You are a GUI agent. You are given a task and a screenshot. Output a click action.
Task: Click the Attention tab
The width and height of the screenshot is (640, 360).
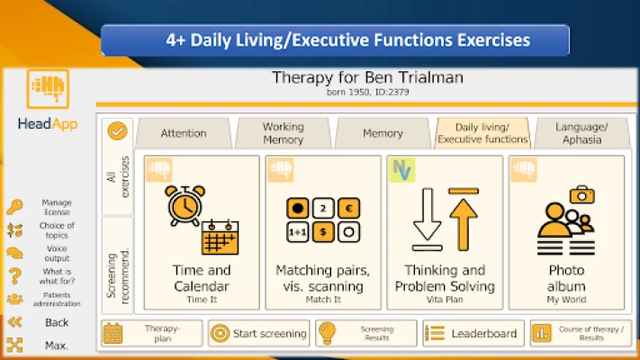(x=184, y=133)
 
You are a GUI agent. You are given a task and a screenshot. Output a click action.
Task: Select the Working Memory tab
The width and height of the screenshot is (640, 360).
(x=284, y=133)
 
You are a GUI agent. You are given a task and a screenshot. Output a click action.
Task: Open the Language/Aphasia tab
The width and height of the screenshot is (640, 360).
(x=582, y=133)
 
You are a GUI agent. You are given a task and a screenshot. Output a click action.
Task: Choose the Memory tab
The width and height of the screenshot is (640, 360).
(x=383, y=133)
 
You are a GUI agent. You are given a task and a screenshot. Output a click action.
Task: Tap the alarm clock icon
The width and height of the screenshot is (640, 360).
(x=185, y=205)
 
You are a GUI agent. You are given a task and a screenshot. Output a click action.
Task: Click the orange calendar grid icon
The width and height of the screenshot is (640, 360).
(x=220, y=238)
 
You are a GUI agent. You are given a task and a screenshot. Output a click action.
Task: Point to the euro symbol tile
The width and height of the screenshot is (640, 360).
(x=348, y=208)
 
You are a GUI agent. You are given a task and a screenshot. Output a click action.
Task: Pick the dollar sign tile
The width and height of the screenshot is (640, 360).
(x=323, y=232)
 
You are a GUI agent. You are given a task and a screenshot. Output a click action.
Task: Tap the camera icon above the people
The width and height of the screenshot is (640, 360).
(x=582, y=194)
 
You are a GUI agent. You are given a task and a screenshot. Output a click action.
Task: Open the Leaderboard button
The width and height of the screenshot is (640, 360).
(x=473, y=334)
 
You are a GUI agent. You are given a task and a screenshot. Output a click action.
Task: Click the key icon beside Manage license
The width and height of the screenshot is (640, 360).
(x=14, y=207)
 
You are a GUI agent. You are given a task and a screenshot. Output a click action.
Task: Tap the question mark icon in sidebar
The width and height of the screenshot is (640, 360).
(x=15, y=276)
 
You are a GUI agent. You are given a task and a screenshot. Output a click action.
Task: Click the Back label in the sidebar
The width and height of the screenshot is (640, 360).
(x=57, y=322)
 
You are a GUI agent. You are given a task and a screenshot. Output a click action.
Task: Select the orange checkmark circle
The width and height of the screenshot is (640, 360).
(x=117, y=131)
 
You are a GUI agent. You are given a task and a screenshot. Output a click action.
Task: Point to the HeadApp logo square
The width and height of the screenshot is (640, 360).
(x=48, y=89)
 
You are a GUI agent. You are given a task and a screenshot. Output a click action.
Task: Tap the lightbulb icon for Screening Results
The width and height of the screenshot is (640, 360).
(x=328, y=333)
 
